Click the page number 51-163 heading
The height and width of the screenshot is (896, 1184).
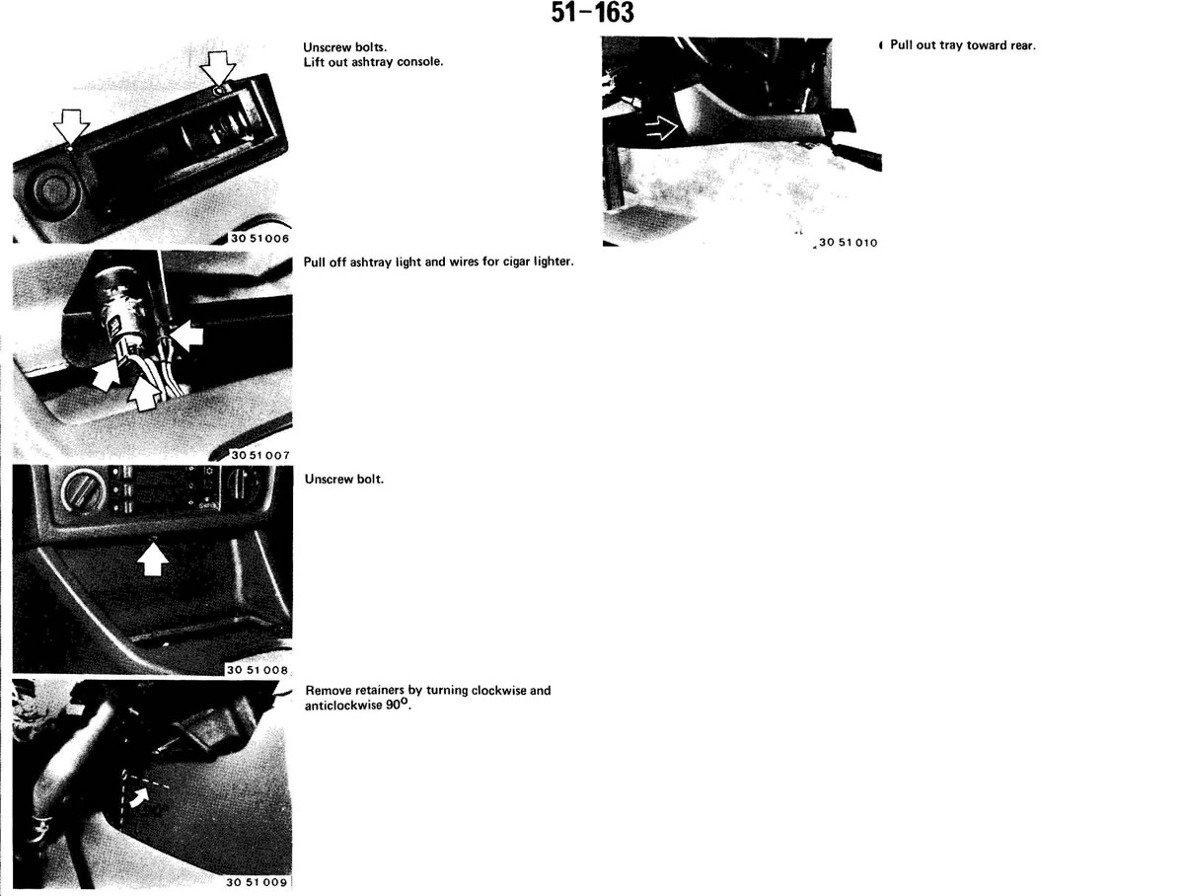click(592, 13)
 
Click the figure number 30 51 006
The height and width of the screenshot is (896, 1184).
click(260, 238)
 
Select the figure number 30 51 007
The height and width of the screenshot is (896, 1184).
click(260, 455)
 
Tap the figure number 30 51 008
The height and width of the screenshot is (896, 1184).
click(258, 669)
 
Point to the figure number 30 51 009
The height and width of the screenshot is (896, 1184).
click(257, 882)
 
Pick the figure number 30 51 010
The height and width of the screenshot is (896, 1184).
click(848, 242)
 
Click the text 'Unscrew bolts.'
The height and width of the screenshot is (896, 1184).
click(344, 47)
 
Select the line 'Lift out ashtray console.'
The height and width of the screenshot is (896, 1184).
click(373, 62)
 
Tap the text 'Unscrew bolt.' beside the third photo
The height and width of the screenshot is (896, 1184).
click(344, 479)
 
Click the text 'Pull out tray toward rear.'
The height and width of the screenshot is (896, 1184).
click(963, 44)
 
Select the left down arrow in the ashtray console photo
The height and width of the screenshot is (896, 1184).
click(71, 126)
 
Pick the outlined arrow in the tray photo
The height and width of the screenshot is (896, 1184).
click(661, 129)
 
